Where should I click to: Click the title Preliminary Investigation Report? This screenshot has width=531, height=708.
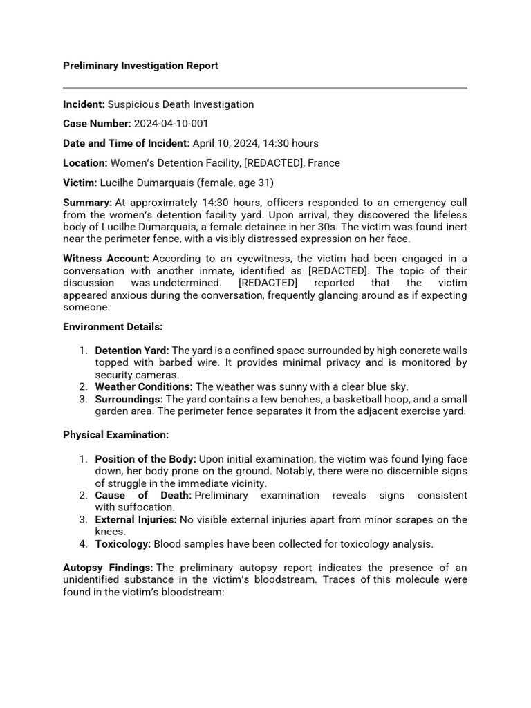pyautogui.click(x=140, y=66)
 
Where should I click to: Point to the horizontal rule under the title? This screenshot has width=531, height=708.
pyautogui.click(x=265, y=88)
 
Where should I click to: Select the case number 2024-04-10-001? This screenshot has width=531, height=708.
pyautogui.click(x=171, y=124)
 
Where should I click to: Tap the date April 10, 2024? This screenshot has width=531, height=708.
pyautogui.click(x=226, y=143)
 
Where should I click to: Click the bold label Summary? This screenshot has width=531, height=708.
pyautogui.click(x=87, y=203)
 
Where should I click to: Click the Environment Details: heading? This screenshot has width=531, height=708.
pyautogui.click(x=113, y=326)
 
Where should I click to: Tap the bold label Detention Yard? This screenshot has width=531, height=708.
pyautogui.click(x=132, y=351)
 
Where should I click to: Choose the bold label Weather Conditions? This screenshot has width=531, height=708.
pyautogui.click(x=144, y=386)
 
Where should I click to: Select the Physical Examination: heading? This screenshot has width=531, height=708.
pyautogui.click(x=115, y=435)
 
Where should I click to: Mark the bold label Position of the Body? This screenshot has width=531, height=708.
pyautogui.click(x=145, y=459)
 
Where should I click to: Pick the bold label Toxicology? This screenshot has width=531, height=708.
pyautogui.click(x=122, y=543)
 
